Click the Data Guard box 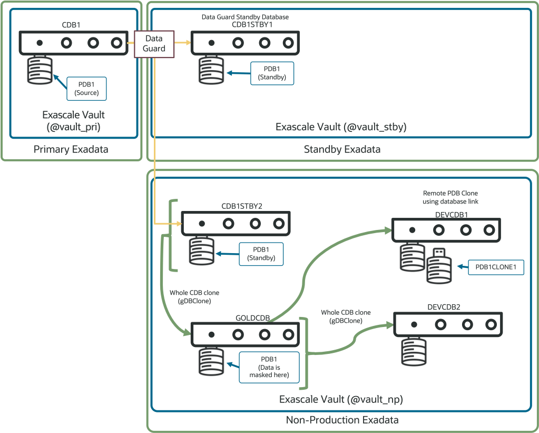pos(153,43)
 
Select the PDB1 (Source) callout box pos(87,89)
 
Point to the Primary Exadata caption pos(71,149)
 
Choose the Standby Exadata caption pos(342,149)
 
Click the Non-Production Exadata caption pos(342,420)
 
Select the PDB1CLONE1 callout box pos(495,267)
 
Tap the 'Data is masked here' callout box pos(269,367)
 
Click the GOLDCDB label pos(252,318)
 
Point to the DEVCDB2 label pos(447,307)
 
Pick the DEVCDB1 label pos(445,215)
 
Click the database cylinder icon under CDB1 pos(40,70)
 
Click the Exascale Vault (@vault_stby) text pos(341,127)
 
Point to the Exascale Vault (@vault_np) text pos(341,399)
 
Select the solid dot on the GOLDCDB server pos(211,334)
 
